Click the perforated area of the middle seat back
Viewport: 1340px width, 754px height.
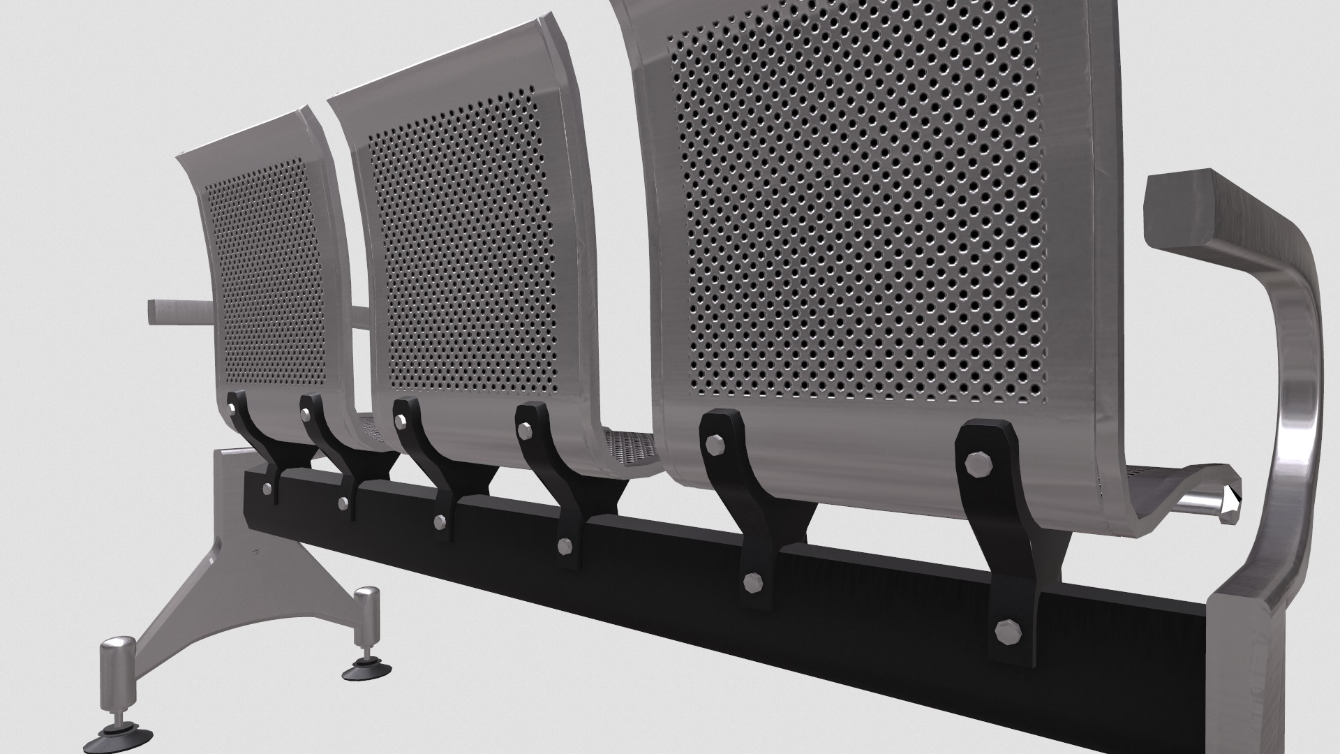(x=461, y=244)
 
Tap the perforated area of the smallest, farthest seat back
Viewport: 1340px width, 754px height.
(x=265, y=272)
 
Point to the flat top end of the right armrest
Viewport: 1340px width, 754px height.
(x=1179, y=209)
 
